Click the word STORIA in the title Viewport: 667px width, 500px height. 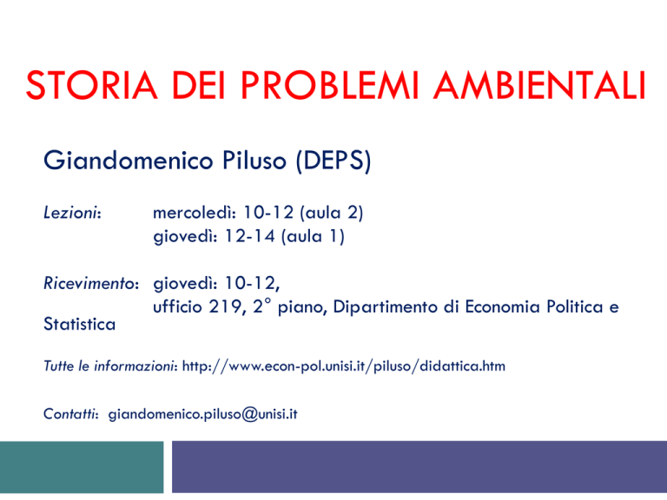[x=91, y=85]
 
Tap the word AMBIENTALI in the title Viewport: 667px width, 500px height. [x=540, y=85]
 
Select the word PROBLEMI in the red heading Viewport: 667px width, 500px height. [x=330, y=85]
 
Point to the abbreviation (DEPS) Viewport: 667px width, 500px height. [x=333, y=161]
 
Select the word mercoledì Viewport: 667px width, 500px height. [x=194, y=212]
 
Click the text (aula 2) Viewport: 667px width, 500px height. [x=332, y=213]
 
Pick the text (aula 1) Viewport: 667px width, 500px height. [x=313, y=236]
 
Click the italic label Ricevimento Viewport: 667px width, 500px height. [x=91, y=283]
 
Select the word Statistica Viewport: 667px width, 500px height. [x=80, y=325]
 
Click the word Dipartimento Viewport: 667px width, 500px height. [x=385, y=307]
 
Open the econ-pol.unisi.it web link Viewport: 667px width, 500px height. [x=344, y=366]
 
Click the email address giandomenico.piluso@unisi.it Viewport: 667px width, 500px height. [x=203, y=414]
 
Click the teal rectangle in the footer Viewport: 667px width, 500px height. [x=82, y=467]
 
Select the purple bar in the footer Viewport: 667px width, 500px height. [x=419, y=467]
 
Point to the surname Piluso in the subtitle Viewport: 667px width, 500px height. [x=254, y=161]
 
